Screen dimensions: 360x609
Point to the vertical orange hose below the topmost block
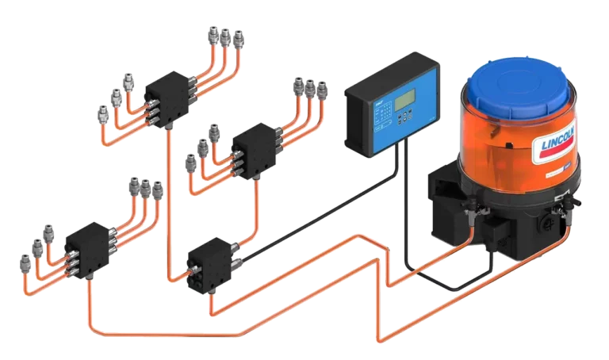[x=169, y=198]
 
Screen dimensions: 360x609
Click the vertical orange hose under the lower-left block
[x=87, y=297]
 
